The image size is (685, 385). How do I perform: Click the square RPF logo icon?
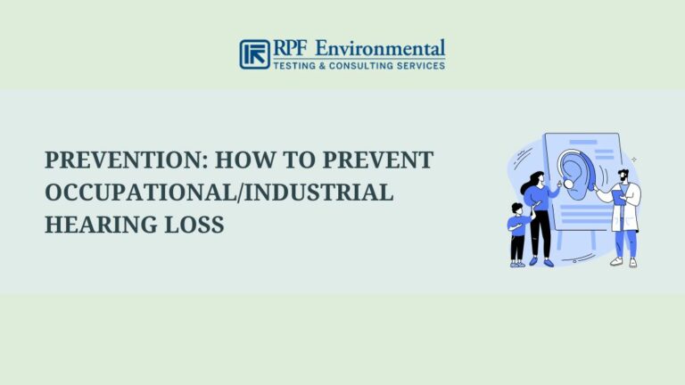[254, 53]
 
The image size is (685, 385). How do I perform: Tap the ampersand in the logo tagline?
[327, 66]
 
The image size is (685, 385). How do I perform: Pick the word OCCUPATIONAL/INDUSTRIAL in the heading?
[219, 192]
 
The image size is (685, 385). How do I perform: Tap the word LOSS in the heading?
[194, 225]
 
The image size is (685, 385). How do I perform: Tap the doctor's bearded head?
[623, 174]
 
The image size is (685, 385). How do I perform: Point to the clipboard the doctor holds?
[617, 198]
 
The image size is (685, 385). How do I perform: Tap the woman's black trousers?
[540, 233]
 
